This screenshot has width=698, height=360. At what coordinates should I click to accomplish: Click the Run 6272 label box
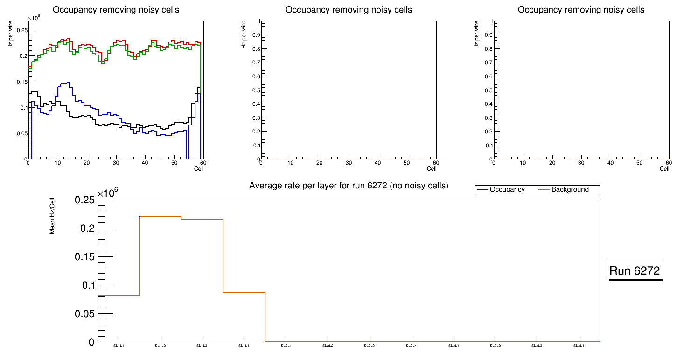pyautogui.click(x=635, y=270)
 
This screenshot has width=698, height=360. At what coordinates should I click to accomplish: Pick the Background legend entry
pyautogui.click(x=570, y=190)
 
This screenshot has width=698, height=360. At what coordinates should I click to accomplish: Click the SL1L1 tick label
pyautogui.click(x=119, y=346)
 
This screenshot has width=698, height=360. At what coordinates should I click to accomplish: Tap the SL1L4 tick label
pyautogui.click(x=244, y=346)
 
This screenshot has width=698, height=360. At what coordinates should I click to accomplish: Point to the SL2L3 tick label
pyautogui.click(x=370, y=346)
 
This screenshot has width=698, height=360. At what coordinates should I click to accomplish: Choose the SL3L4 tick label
pyautogui.click(x=579, y=346)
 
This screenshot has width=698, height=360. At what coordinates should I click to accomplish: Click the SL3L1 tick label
pyautogui.click(x=454, y=346)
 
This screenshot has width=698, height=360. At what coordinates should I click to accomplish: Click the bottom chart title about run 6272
pyautogui.click(x=349, y=186)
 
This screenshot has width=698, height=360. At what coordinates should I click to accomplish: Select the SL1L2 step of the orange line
pyautogui.click(x=160, y=217)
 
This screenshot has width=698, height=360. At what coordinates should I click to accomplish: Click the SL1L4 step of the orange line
pyautogui.click(x=244, y=292)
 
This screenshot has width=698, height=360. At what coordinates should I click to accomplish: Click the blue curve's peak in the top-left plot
pyautogui.click(x=68, y=83)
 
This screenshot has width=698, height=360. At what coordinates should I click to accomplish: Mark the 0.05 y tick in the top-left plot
pyautogui.click(x=21, y=133)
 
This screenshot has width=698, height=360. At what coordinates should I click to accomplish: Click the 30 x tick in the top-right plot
pyautogui.click(x=581, y=163)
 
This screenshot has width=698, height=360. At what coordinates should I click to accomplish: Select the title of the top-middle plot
pyautogui.click(x=349, y=10)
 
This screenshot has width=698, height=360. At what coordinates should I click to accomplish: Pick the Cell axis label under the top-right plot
pyautogui.click(x=664, y=169)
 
